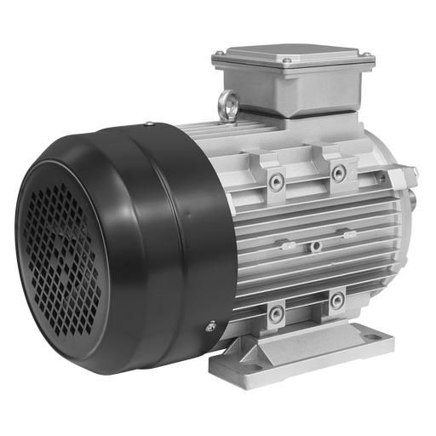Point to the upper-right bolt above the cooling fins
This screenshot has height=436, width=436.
click(x=339, y=174)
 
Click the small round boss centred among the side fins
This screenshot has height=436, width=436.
click(x=316, y=245)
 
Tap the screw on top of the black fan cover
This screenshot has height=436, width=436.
click(x=150, y=124)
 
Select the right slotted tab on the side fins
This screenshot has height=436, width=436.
click(x=347, y=232)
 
